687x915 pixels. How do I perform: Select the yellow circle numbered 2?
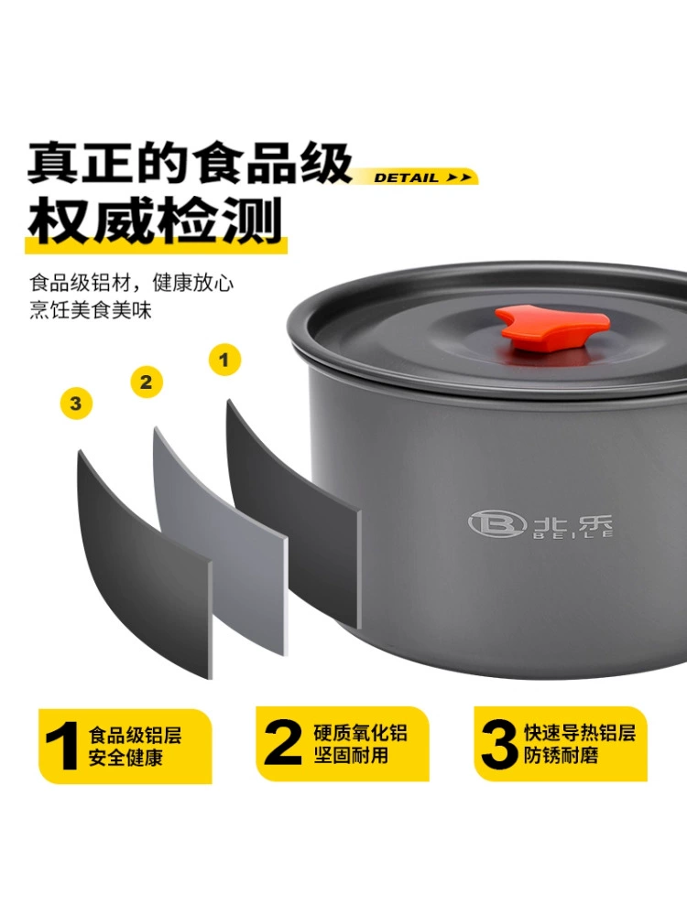(147, 382)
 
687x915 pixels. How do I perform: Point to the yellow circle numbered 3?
(76, 403)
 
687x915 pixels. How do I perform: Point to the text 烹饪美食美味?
(90, 309)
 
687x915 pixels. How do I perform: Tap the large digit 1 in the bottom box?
(61, 745)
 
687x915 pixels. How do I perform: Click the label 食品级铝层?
(135, 734)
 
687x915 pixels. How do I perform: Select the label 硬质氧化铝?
(360, 733)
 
